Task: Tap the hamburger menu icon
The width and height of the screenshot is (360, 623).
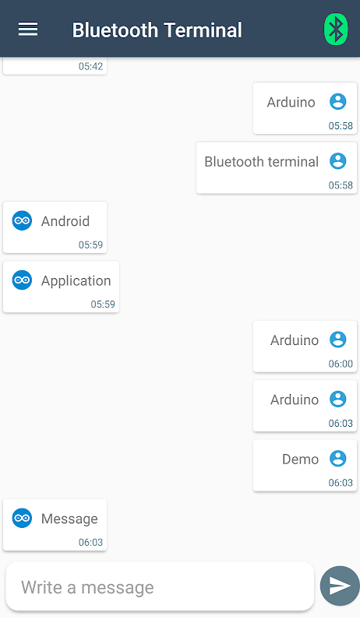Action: pyautogui.click(x=28, y=29)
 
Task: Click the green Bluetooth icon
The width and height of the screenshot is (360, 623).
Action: pyautogui.click(x=336, y=29)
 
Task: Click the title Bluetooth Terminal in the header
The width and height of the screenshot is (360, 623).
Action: pyautogui.click(x=157, y=30)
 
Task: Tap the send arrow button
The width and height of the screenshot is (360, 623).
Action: pyautogui.click(x=340, y=586)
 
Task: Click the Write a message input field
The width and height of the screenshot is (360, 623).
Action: pyautogui.click(x=160, y=586)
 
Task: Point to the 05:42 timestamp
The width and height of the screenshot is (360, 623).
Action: pyautogui.click(x=90, y=66)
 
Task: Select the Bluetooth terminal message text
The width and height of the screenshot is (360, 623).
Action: pyautogui.click(x=262, y=162)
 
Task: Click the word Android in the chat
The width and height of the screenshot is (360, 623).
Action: pyautogui.click(x=65, y=221)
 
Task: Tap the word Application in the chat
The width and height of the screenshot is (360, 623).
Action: pyautogui.click(x=76, y=281)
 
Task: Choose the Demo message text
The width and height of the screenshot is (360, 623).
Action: pyautogui.click(x=301, y=459)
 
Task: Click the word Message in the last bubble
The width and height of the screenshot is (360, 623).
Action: pyautogui.click(x=69, y=519)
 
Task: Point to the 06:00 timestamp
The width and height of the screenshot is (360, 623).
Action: pyautogui.click(x=341, y=364)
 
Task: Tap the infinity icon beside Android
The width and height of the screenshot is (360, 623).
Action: pyautogui.click(x=22, y=220)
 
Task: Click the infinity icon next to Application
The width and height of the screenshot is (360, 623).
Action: pyautogui.click(x=22, y=280)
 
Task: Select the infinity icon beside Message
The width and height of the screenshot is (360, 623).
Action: pyautogui.click(x=22, y=518)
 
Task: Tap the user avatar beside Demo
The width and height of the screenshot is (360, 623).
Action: pyautogui.click(x=338, y=459)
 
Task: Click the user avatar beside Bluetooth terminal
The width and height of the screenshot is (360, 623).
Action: pyautogui.click(x=338, y=161)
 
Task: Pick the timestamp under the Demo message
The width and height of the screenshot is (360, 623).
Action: pyautogui.click(x=341, y=483)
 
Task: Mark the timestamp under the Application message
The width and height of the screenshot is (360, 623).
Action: pyautogui.click(x=103, y=304)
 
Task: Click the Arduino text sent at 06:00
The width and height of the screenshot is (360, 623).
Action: pyautogui.click(x=295, y=340)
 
